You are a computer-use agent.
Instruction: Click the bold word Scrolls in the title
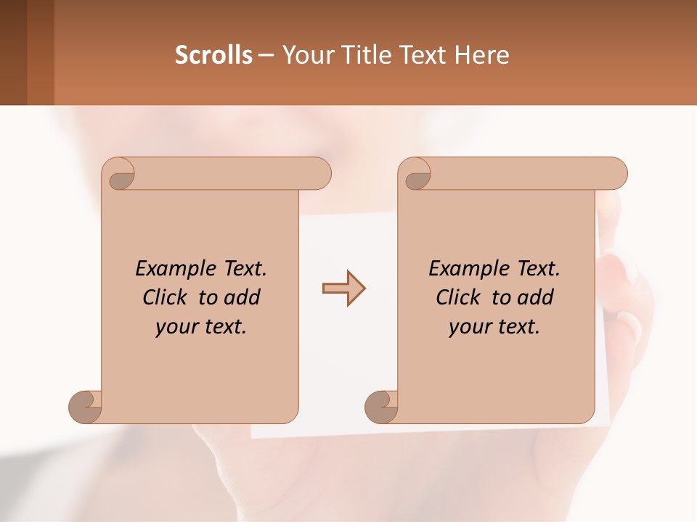[213, 55]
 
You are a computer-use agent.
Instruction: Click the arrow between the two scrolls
[343, 289]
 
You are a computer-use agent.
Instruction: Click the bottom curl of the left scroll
[86, 406]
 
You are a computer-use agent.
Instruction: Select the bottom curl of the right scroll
[382, 406]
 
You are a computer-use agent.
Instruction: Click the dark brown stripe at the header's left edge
[13, 52]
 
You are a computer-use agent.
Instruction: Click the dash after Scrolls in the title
[266, 55]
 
